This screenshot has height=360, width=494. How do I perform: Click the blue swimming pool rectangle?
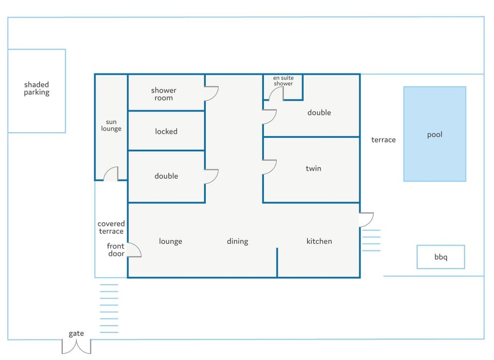(x=435, y=134)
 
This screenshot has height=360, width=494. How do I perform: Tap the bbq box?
(x=441, y=257)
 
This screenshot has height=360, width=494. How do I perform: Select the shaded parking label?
(x=37, y=88)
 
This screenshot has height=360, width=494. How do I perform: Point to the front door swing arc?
(x=138, y=247)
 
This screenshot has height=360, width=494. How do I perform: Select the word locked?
(x=166, y=131)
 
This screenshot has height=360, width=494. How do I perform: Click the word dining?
(x=238, y=241)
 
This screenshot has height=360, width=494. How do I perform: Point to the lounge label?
(x=170, y=241)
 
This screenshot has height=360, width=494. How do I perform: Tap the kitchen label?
(x=319, y=241)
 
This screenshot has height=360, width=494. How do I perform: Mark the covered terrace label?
(x=111, y=227)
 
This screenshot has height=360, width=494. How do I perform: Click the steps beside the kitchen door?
(x=372, y=240)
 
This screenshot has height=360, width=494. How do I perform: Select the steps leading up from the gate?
(x=109, y=309)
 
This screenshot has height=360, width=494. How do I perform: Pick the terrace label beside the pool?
(x=383, y=139)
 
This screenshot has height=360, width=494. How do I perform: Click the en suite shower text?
(x=283, y=81)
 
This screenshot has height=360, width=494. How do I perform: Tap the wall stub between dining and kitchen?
(x=277, y=262)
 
